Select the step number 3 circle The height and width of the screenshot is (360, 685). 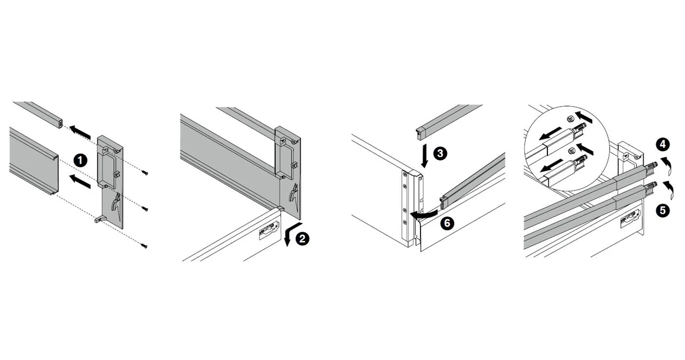coord(439,153)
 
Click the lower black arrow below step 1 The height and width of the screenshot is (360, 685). coord(81,182)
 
